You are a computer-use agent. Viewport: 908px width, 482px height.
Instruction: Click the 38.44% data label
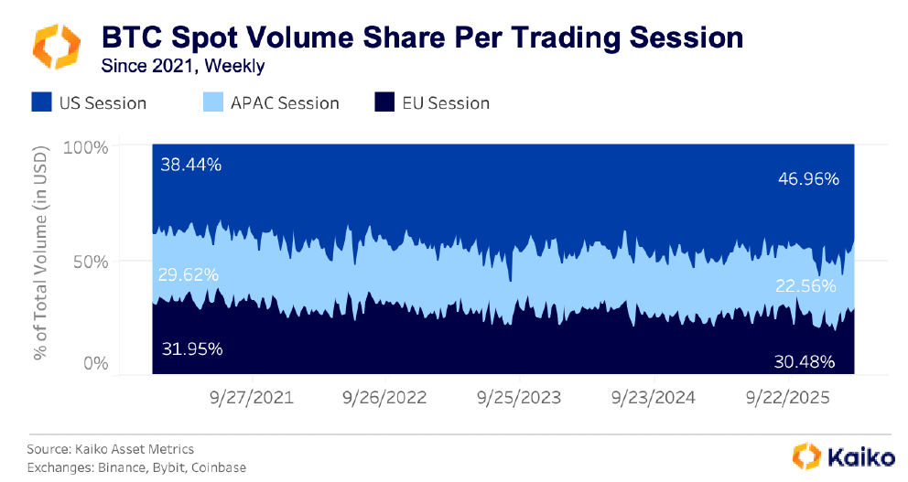click(x=190, y=165)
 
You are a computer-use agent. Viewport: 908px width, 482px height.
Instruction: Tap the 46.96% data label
click(x=807, y=179)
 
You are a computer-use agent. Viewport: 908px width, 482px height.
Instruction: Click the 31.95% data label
click(x=190, y=348)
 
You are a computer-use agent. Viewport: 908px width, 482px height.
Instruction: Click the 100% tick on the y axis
click(x=86, y=146)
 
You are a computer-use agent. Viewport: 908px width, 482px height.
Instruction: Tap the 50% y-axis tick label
click(x=90, y=261)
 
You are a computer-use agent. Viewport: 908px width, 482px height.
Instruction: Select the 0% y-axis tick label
click(x=95, y=363)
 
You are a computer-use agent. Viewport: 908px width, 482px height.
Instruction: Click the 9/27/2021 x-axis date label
click(x=252, y=398)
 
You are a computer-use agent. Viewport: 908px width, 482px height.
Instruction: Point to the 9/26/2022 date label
click(x=385, y=398)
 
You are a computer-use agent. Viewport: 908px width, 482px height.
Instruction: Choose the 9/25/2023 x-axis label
click(x=519, y=398)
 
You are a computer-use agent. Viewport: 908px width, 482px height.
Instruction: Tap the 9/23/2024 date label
click(x=653, y=398)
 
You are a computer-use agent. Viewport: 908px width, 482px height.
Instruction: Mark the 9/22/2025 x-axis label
click(x=787, y=398)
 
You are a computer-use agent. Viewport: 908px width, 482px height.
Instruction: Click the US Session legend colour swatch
click(x=42, y=102)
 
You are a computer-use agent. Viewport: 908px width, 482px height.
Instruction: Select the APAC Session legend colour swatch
click(x=214, y=102)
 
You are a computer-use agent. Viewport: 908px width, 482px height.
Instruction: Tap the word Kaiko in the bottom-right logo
click(x=858, y=455)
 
